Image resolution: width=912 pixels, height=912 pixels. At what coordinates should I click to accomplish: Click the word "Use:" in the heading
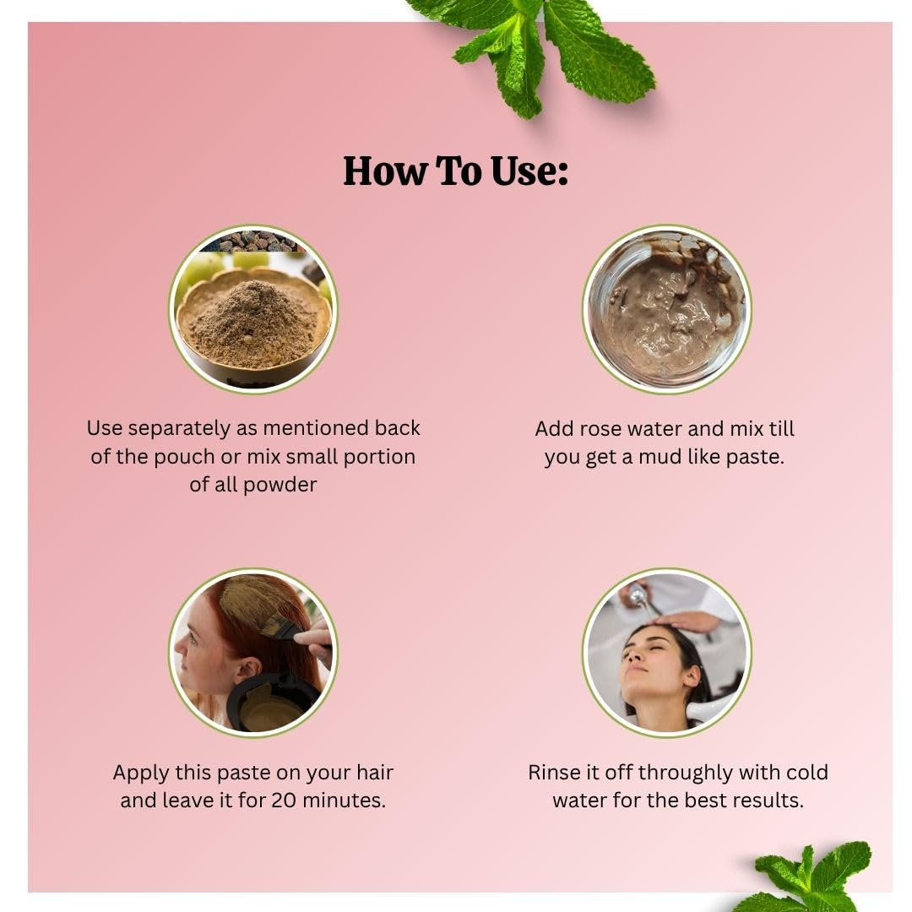pyautogui.click(x=529, y=171)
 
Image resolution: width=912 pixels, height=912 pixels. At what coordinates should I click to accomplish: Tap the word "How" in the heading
pyautogui.click(x=384, y=171)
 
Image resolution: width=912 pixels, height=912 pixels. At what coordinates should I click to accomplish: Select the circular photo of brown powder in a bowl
pyautogui.click(x=253, y=309)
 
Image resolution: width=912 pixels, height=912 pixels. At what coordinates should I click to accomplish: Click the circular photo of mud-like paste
pyautogui.click(x=666, y=309)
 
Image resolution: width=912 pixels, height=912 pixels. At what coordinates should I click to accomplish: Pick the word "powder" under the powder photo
pyautogui.click(x=280, y=485)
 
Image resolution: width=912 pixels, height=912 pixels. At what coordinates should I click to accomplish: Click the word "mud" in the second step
pyautogui.click(x=660, y=457)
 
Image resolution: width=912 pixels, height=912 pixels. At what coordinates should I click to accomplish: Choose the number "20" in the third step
pyautogui.click(x=284, y=801)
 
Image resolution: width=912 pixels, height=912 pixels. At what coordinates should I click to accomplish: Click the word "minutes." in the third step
pyautogui.click(x=344, y=801)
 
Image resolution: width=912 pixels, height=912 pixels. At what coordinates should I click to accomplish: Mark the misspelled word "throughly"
pyautogui.click(x=686, y=773)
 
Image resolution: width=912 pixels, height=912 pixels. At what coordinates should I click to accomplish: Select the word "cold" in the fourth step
pyautogui.click(x=806, y=773)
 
